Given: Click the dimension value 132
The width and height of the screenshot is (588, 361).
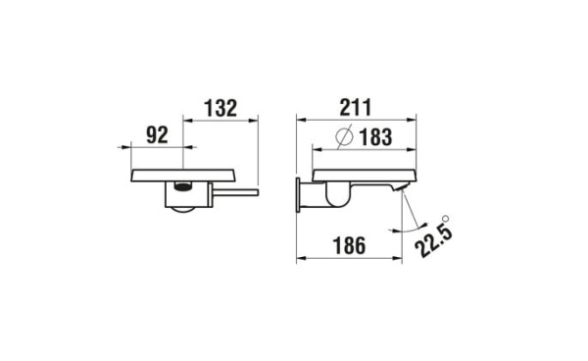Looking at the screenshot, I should point(220,109).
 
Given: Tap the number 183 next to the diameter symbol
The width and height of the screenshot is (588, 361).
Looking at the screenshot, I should point(373,138).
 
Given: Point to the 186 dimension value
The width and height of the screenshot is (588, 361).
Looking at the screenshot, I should point(350,248).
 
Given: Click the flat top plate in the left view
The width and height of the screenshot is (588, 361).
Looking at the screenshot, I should point(182,175).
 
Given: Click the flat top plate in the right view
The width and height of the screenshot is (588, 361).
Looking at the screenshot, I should point(363,175).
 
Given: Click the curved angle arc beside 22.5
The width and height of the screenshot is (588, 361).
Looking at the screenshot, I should point(404,228).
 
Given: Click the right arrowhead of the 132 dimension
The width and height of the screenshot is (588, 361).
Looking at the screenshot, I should point(257,121).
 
